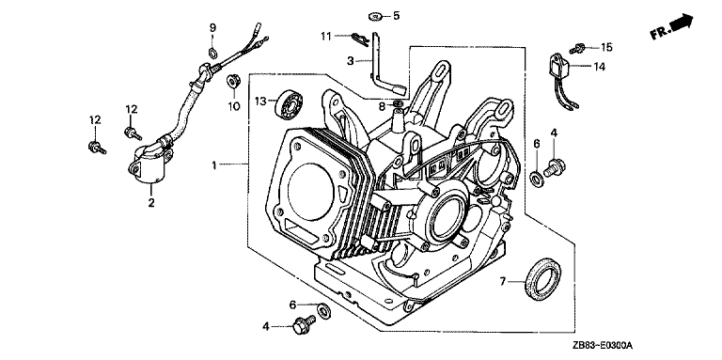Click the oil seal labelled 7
tap(543, 280)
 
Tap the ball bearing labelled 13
tap(286, 103)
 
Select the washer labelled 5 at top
tap(376, 17)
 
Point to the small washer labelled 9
tap(212, 53)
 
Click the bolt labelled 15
tap(577, 47)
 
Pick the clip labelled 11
tap(362, 39)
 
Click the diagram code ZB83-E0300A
tap(604, 345)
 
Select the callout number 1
tap(213, 164)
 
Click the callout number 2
tap(151, 202)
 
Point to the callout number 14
tap(599, 67)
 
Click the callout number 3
tap(351, 61)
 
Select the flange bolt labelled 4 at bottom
tap(303, 323)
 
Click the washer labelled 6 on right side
tap(537, 179)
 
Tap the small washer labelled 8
tap(399, 104)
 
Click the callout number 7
tap(503, 280)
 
